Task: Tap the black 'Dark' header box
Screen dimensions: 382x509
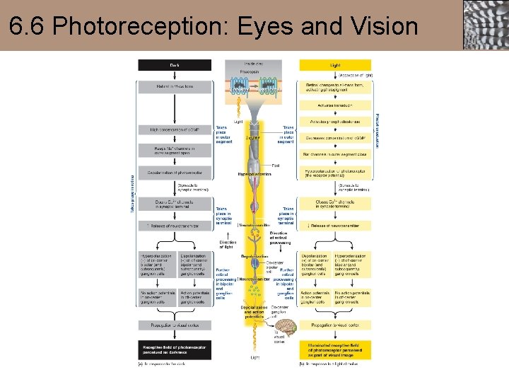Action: click(x=174, y=65)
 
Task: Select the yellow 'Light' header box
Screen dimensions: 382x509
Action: click(x=334, y=65)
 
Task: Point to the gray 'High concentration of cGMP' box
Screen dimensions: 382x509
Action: click(x=174, y=129)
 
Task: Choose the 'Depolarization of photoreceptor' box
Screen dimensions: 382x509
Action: click(x=174, y=172)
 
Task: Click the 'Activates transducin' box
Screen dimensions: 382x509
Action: click(x=334, y=104)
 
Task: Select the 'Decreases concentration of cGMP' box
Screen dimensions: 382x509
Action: click(x=334, y=137)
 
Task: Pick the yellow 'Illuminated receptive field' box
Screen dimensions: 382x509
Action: click(x=334, y=349)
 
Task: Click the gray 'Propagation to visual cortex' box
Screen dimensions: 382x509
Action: click(x=174, y=325)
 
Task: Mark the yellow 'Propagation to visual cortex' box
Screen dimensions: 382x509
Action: click(x=334, y=325)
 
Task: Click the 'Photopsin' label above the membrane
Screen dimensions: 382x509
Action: click(x=249, y=72)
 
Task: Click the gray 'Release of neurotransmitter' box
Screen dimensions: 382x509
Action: click(x=174, y=226)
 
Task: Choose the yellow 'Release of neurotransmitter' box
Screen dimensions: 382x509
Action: click(x=334, y=226)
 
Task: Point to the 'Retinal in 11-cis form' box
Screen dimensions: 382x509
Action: click(x=174, y=86)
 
